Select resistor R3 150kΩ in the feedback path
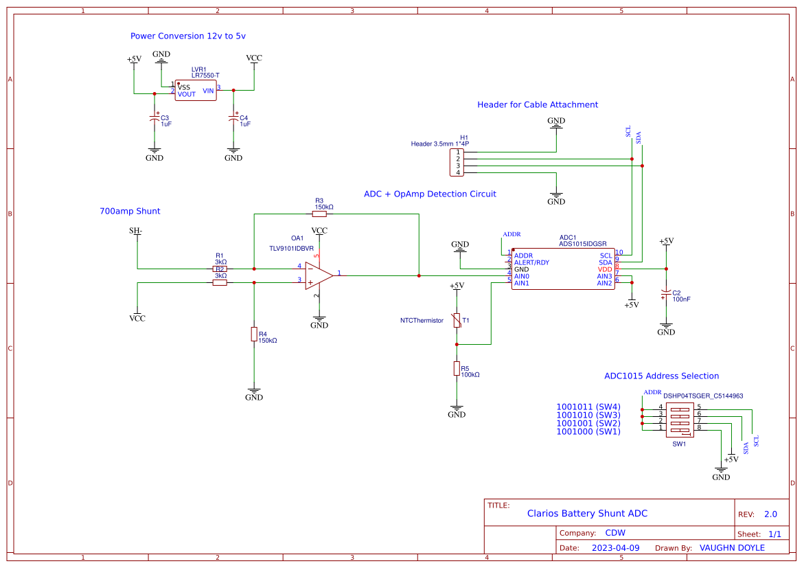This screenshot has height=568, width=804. pos(319,214)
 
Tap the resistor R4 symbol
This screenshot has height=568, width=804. pos(254,334)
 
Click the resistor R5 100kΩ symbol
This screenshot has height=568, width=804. pos(457,369)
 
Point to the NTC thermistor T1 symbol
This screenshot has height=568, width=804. pos(457,320)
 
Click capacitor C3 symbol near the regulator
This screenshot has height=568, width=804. pos(154,119)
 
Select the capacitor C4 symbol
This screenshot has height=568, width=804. pos(233,119)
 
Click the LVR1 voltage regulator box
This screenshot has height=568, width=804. pos(196,91)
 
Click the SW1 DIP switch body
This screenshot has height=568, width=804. pos(680,420)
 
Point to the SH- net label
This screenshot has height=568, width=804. pos(136,231)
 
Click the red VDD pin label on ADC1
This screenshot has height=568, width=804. pos(604,269)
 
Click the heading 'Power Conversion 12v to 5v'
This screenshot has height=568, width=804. pos(188,36)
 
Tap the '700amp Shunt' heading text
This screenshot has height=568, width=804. pos(130,211)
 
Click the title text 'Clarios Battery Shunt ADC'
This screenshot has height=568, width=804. pos(587,513)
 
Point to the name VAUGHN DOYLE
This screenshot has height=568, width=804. pos(732,548)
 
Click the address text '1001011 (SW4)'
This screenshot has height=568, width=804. pos(588,407)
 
